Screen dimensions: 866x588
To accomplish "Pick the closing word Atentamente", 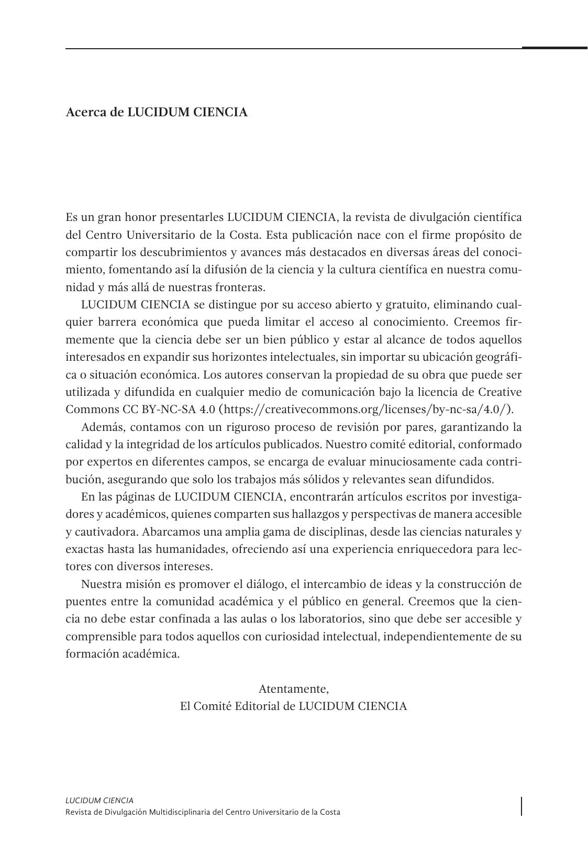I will pos(293,688).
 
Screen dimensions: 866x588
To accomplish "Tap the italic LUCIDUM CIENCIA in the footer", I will pos(99,800).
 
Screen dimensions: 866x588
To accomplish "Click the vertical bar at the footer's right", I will pos(522,806).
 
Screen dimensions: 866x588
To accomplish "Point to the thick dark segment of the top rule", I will pos(554,48).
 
